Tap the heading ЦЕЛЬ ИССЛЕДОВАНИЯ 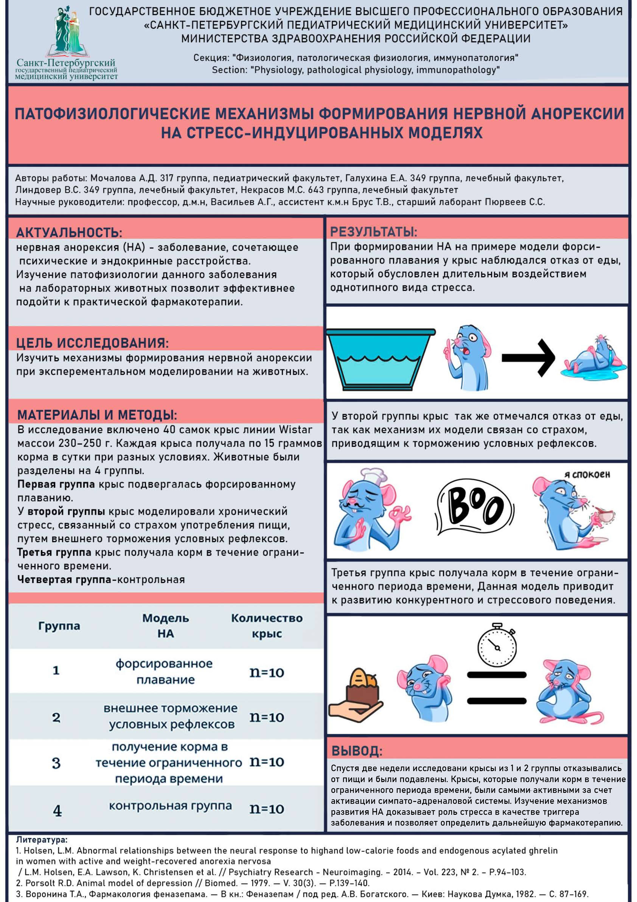pos(92,343)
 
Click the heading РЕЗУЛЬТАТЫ pos(374,232)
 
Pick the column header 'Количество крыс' pos(267,625)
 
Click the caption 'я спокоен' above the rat pos(587,475)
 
